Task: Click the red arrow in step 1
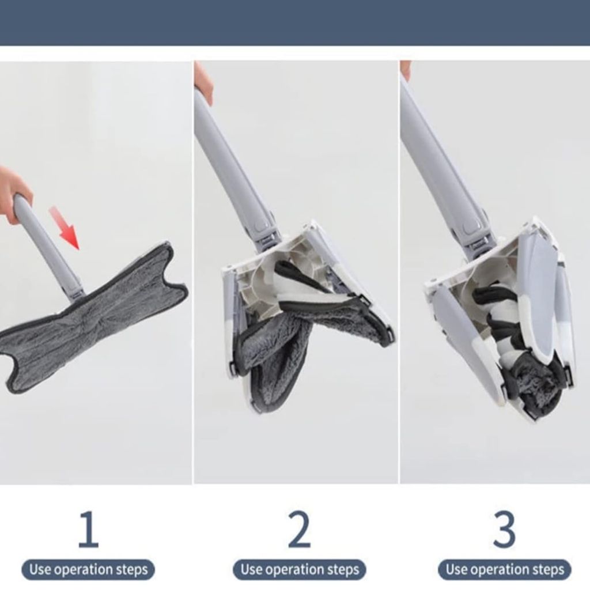[x=65, y=228]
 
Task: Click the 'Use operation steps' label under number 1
[x=88, y=569]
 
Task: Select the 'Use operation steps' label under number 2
[x=300, y=569]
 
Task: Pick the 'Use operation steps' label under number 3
[x=505, y=569]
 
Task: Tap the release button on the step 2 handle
[x=260, y=227]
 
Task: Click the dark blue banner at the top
[x=295, y=22]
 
